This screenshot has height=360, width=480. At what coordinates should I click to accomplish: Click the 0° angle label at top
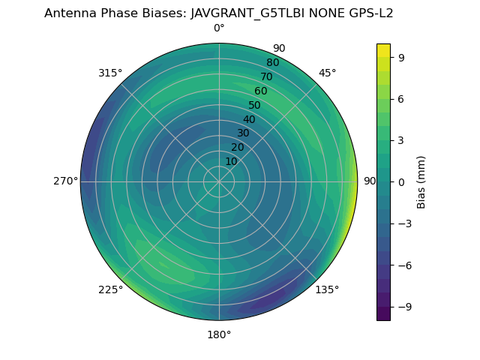coord(219,28)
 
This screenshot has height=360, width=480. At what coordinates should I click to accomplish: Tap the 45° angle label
coord(328,73)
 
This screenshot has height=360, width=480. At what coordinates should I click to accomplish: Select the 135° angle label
coord(327,289)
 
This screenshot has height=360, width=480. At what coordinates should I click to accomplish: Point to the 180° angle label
coord(219,334)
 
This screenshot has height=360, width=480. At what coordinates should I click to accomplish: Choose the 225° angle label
coord(110,290)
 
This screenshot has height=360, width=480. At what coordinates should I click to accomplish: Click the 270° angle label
coord(65,181)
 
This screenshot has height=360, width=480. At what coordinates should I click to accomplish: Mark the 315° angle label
coord(110,73)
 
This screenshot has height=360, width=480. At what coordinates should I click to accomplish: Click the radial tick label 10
coord(232,161)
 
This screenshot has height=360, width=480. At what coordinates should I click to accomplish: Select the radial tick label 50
coord(255,106)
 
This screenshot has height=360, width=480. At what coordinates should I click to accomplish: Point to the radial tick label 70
coord(267,77)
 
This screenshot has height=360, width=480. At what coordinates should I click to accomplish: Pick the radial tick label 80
coord(273,63)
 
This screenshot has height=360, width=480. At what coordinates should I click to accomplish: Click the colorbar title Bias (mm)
coord(421,181)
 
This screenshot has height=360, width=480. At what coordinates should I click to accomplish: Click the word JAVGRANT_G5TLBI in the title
coord(248,13)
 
